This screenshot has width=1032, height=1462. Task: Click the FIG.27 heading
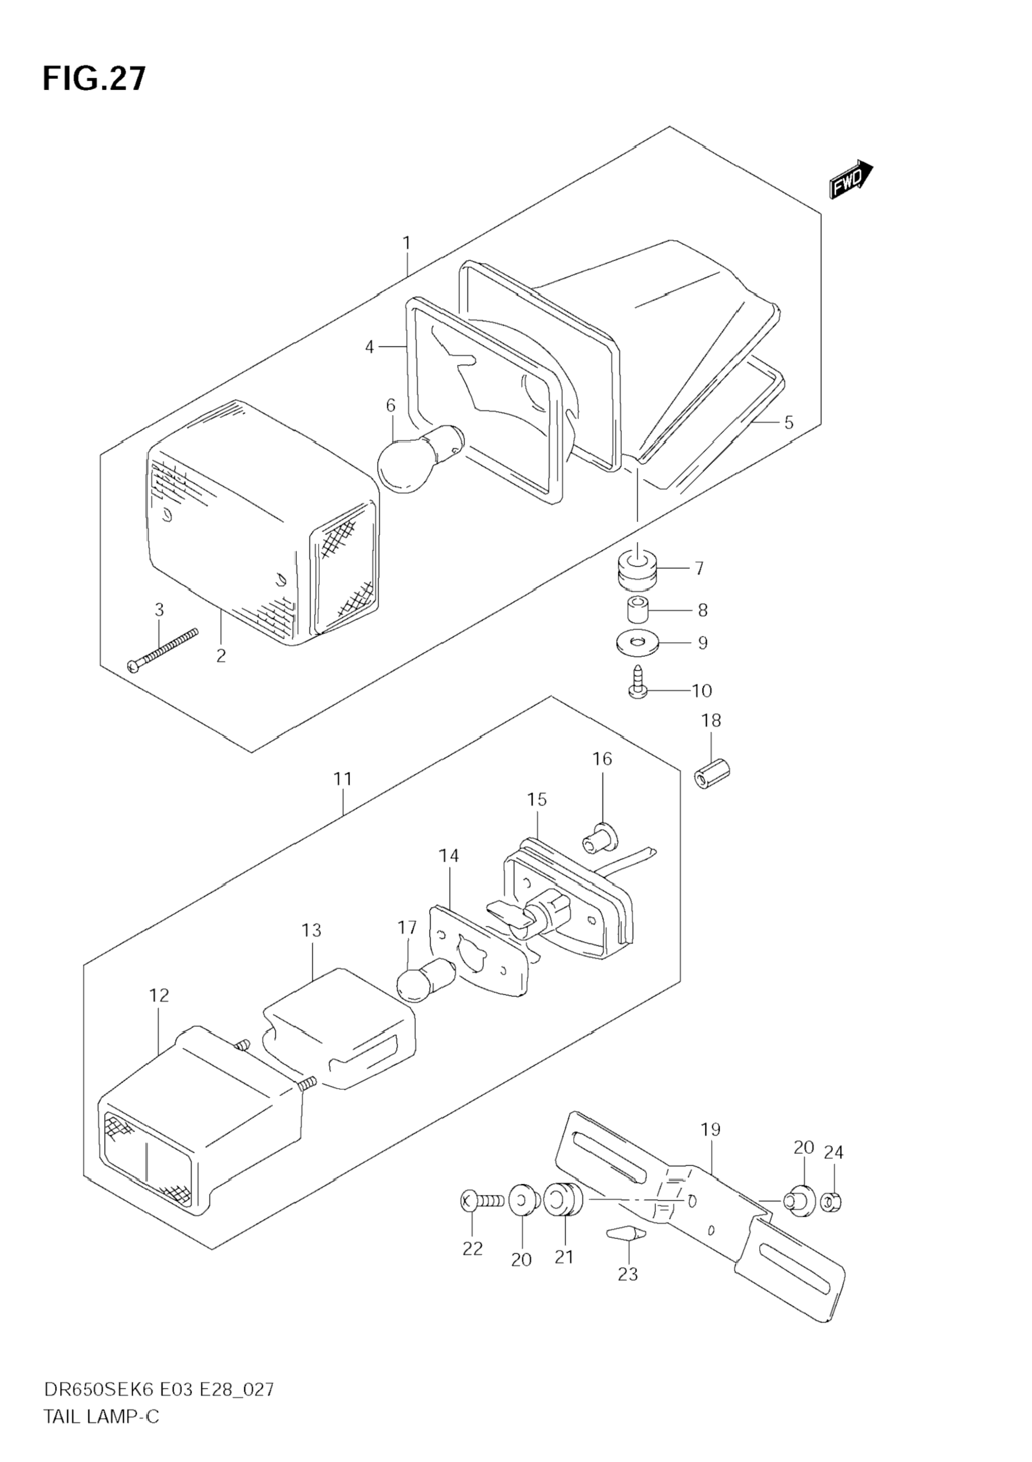94,79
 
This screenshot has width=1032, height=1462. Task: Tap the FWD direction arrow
851,179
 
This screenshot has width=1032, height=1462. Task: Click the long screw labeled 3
163,650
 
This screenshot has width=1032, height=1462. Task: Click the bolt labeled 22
482,1202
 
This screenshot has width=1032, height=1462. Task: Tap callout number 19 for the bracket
711,1129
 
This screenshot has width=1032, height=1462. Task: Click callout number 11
343,779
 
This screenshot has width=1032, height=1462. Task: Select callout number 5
789,422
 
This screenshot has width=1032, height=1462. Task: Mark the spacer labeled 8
634,610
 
